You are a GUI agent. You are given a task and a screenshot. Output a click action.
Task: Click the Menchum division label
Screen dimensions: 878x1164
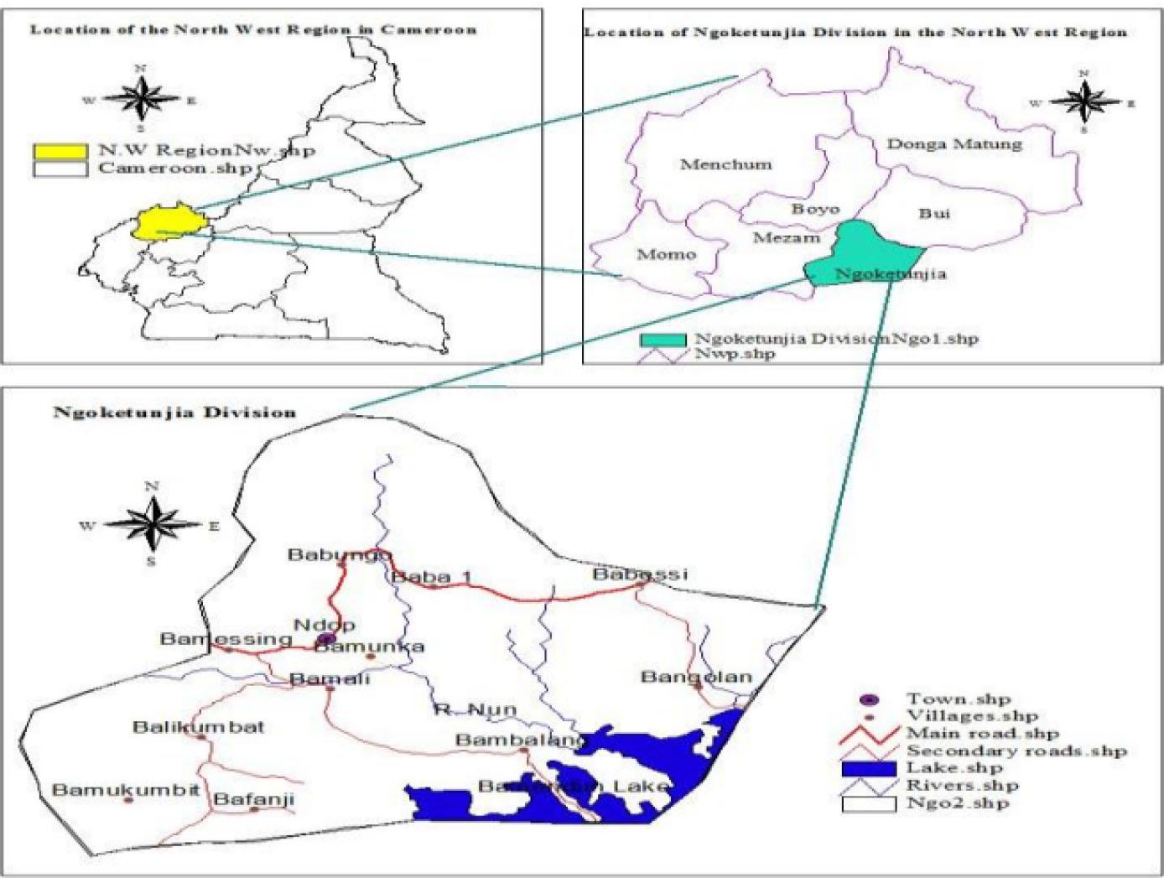tap(725, 164)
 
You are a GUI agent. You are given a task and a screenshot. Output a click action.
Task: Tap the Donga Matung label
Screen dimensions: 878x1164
tap(954, 143)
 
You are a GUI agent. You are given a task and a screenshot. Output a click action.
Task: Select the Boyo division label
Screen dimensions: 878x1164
tap(815, 209)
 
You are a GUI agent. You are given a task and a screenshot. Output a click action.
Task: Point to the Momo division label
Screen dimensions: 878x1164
tap(667, 254)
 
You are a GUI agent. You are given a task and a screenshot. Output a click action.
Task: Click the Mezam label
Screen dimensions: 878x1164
tap(786, 238)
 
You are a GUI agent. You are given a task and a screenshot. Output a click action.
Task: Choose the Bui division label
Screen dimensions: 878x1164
tap(934, 213)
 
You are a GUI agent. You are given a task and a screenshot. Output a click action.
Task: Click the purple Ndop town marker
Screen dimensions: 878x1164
tap(327, 641)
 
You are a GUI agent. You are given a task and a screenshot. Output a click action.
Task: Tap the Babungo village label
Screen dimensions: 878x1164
tap(339, 554)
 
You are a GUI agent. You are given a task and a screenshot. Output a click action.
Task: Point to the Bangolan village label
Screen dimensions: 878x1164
tap(696, 676)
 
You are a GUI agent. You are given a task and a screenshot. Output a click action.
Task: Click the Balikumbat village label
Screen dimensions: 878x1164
tap(198, 726)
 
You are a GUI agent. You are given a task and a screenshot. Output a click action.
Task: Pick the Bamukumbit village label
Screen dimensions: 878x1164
tap(126, 790)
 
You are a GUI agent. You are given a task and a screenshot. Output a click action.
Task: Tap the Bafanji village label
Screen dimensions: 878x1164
tap(253, 799)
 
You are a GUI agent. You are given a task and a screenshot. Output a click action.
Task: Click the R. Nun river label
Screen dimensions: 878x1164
tap(475, 710)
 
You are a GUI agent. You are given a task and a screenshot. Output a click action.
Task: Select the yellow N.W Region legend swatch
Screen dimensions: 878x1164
tap(60, 152)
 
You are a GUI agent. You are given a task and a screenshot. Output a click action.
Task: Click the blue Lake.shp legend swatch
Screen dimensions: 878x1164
tap(869, 768)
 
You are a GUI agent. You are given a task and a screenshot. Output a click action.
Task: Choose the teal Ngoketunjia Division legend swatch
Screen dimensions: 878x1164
tap(663, 340)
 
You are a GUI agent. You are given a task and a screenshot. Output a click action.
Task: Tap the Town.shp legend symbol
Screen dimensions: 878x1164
tap(870, 699)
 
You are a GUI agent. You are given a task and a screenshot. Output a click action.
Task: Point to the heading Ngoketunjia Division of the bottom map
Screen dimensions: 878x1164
tap(174, 413)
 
